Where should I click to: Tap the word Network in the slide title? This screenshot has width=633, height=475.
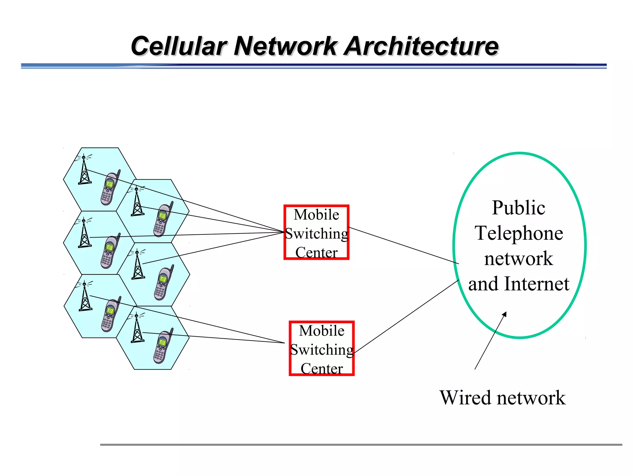coord(285,46)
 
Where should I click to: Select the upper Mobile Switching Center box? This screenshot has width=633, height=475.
coord(316,232)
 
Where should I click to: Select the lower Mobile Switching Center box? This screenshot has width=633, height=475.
coord(321,349)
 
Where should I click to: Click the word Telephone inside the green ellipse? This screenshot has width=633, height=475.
coord(519,233)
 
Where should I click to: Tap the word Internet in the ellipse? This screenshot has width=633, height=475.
coord(537,284)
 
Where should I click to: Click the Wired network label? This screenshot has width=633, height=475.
coord(502,398)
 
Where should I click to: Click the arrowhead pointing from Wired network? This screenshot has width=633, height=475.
coord(504,314)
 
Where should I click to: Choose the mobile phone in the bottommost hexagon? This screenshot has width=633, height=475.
coord(163,346)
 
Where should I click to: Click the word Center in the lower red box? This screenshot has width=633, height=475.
coord(321,368)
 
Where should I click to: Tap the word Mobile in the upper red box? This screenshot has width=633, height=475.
coord(316,215)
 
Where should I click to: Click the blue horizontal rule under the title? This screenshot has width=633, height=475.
coord(313,66)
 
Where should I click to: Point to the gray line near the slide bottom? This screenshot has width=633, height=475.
coord(361,445)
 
